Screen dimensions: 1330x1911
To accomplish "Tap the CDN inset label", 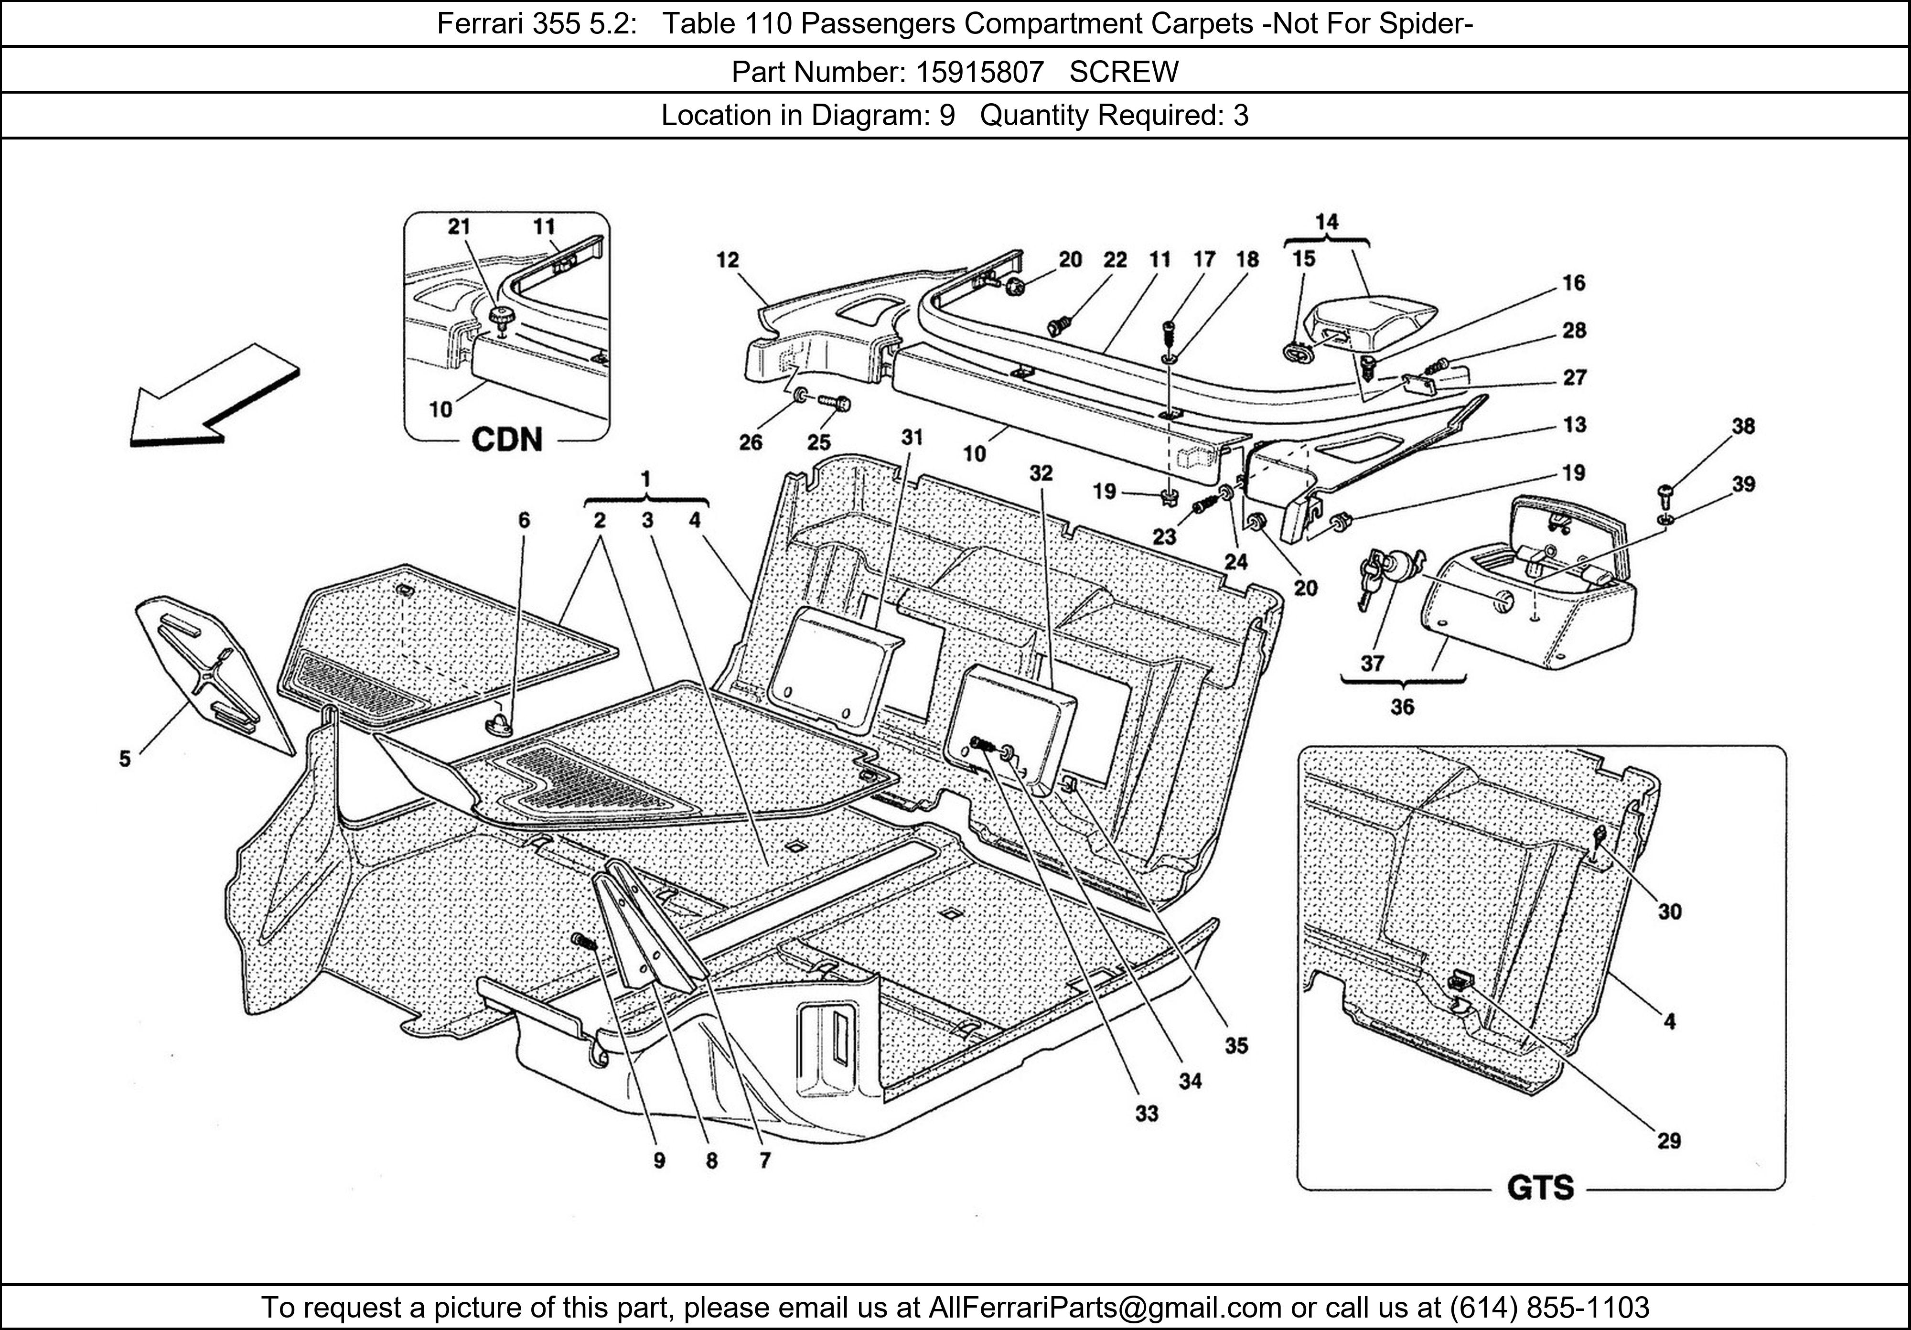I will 507,440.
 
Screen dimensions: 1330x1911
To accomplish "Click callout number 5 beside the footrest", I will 125,758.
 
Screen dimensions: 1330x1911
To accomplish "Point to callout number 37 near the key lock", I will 1372,664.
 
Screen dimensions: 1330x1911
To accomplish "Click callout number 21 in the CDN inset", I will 460,226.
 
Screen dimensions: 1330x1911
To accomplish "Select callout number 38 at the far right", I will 1743,426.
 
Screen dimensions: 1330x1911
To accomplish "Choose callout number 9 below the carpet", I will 659,1160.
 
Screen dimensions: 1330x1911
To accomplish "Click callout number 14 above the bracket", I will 1327,221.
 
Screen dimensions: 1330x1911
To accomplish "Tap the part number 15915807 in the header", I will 979,73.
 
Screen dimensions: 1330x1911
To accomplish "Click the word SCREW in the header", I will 1124,73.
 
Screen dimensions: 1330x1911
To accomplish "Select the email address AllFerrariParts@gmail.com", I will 1105,1308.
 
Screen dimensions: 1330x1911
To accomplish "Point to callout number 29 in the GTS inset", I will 1669,1140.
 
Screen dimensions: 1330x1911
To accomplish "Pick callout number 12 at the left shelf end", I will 728,260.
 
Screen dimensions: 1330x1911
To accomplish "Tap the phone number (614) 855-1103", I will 1549,1308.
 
